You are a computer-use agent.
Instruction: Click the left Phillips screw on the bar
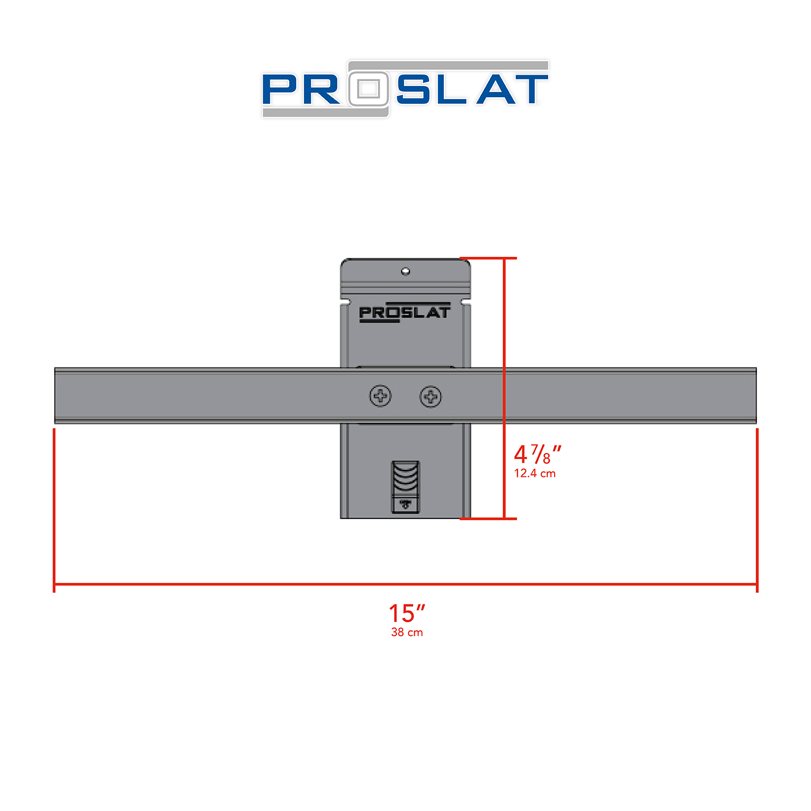[x=381, y=396]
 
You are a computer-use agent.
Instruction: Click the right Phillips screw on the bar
[x=431, y=397]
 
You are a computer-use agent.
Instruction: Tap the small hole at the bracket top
[x=405, y=271]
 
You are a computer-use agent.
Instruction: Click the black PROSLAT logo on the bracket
[x=404, y=313]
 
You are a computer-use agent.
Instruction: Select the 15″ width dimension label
[x=407, y=614]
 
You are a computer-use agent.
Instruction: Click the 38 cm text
[x=407, y=633]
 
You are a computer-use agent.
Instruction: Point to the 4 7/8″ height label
[x=537, y=454]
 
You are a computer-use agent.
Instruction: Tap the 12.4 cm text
[x=535, y=474]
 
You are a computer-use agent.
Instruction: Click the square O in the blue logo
[x=369, y=89]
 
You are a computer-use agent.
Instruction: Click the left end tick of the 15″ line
[x=54, y=584]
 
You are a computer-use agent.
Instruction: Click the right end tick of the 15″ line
[x=757, y=584]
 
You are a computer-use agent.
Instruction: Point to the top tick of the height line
[x=504, y=258]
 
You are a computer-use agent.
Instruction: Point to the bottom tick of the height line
[x=504, y=518]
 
